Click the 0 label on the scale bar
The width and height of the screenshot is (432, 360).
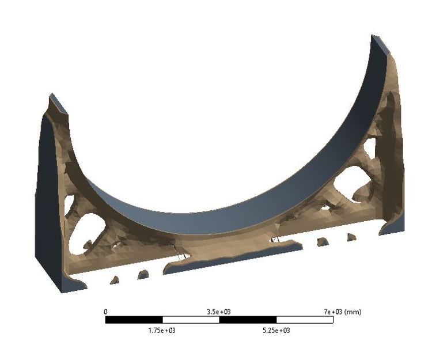tap(105, 312)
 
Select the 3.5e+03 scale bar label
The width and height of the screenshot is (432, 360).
tap(219, 312)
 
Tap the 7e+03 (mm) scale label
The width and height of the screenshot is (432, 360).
tap(343, 312)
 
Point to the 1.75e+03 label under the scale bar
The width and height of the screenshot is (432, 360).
tap(162, 331)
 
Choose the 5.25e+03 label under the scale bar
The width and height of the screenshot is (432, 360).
tap(276, 331)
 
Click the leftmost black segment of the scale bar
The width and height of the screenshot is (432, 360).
tap(134, 320)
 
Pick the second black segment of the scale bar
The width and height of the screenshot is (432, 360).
tap(248, 320)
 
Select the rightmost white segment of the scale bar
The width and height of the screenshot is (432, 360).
tap(304, 320)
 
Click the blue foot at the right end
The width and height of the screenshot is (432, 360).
tap(392, 226)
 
